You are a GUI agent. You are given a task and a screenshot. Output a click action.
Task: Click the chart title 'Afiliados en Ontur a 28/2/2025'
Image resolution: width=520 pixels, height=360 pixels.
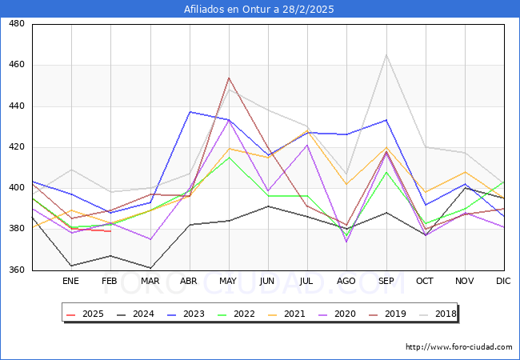tap(260, 10)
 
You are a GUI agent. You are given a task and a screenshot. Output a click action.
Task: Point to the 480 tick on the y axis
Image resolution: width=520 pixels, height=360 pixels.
tap(16, 24)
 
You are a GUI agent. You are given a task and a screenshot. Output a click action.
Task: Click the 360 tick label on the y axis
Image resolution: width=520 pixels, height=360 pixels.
tap(16, 270)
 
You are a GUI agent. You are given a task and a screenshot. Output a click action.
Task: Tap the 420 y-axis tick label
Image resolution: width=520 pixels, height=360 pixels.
tap(16, 147)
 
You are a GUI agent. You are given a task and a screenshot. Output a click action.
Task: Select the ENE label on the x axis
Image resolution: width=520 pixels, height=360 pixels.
tap(70, 281)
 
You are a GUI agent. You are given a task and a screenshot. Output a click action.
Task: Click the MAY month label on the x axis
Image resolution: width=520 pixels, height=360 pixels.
tap(229, 281)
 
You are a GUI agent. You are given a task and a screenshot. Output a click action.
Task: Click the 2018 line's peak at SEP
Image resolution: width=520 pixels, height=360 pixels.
tap(386, 55)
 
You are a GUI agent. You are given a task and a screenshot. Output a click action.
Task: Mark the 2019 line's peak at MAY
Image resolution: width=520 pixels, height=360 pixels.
tap(229, 78)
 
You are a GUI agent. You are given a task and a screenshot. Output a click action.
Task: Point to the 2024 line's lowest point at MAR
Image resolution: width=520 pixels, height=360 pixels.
tap(150, 268)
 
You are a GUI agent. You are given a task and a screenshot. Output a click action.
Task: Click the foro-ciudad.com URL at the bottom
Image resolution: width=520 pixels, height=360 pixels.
tap(458, 347)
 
